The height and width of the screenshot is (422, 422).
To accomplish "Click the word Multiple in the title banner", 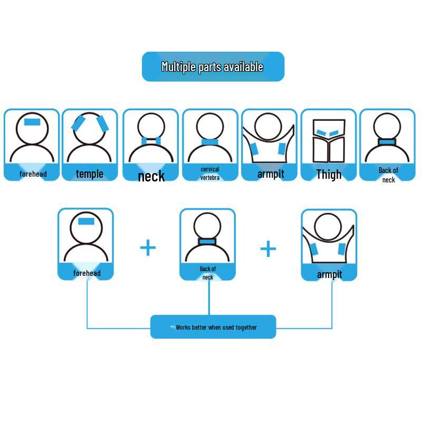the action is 178,67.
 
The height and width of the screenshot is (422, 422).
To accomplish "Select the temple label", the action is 90,174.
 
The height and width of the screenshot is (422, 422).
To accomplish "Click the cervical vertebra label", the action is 210,174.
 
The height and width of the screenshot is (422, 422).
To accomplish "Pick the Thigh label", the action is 329,175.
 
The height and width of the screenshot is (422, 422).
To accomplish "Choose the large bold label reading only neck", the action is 151,176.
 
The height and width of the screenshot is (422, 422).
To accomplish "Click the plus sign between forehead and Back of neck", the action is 148,247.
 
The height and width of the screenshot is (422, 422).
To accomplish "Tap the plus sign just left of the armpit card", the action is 268,248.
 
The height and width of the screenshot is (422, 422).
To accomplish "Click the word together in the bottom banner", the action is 246,328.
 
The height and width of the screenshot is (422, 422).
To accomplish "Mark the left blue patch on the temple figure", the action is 78,123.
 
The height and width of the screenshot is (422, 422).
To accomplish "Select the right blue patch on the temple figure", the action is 102,123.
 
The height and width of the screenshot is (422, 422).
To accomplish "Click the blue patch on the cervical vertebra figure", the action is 210,142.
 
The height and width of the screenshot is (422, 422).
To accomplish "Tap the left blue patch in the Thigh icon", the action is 321,133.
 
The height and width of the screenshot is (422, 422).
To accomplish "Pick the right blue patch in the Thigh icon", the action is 334,133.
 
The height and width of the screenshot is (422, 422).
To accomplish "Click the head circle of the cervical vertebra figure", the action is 210,113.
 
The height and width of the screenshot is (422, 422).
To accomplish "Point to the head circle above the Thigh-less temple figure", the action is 89,113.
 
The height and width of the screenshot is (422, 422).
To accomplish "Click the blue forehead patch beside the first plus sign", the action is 86,221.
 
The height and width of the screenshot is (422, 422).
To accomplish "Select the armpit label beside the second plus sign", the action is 329,275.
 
